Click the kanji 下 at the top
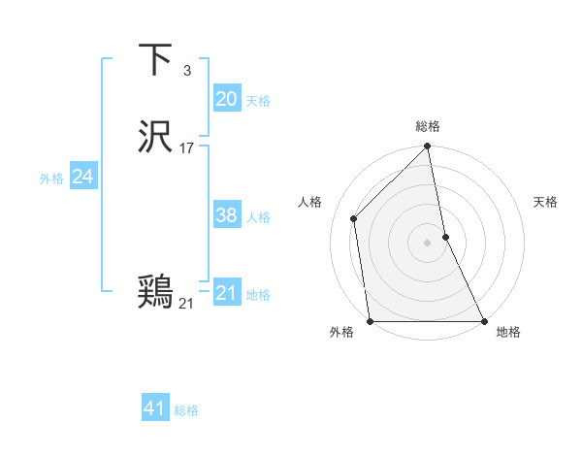(156, 60)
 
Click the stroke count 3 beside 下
(187, 71)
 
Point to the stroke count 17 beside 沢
(187, 148)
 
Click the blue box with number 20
(226, 99)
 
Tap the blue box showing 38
(226, 215)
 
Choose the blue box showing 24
(82, 177)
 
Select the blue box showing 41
(154, 408)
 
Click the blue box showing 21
(226, 293)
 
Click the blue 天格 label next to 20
(258, 101)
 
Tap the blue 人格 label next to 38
(258, 217)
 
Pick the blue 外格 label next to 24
(51, 179)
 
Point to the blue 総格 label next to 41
(186, 410)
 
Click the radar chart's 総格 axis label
(428, 126)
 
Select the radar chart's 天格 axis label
(545, 202)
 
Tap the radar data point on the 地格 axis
(483, 321)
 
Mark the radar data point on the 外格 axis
(371, 321)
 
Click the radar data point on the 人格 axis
(354, 218)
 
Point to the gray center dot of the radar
(427, 243)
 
